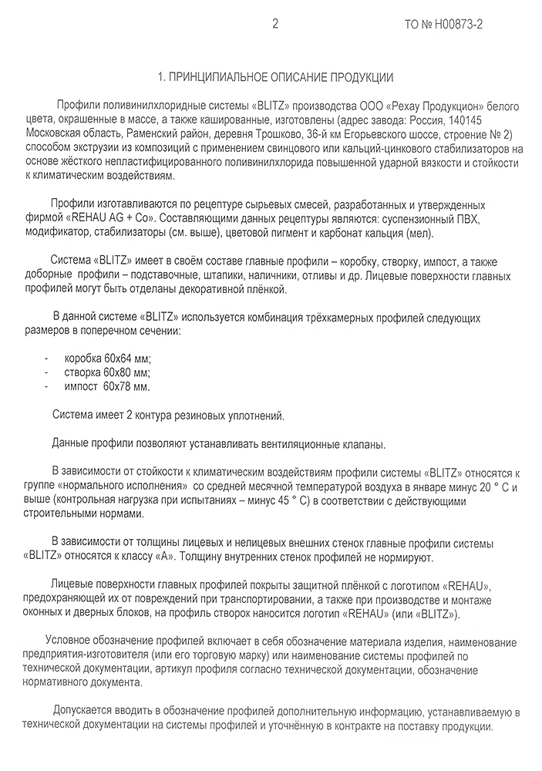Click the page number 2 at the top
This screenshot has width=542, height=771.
pos(275,24)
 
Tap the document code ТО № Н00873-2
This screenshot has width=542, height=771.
pos(444,25)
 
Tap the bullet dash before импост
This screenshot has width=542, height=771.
pos(48,385)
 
